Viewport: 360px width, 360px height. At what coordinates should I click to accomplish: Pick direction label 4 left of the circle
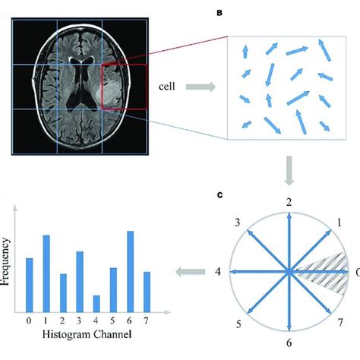tap(217, 271)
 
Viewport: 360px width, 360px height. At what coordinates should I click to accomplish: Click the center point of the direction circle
tap(289, 271)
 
